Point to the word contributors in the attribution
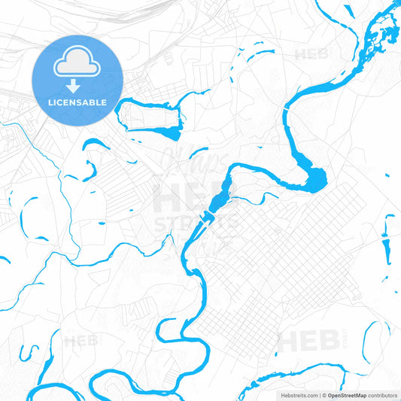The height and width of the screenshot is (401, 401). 383,394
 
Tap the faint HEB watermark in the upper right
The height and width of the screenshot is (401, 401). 311,54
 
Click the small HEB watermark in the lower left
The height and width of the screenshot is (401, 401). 81,341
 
